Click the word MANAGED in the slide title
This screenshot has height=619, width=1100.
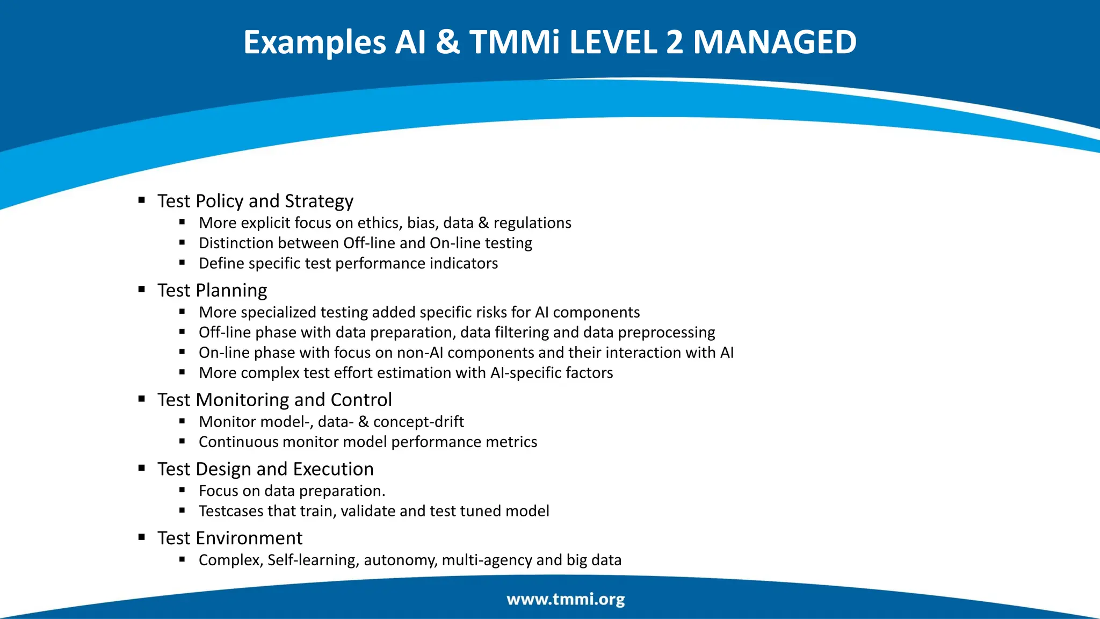(775, 42)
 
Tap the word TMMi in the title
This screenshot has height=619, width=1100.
(515, 42)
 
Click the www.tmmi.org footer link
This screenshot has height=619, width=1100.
(566, 599)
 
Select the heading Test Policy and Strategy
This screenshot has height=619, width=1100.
(255, 201)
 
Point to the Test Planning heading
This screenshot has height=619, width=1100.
(212, 290)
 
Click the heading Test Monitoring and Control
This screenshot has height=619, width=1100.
(274, 400)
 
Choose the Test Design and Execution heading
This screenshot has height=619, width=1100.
(265, 469)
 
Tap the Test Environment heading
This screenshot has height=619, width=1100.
(230, 538)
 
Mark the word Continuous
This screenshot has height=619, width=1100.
(238, 442)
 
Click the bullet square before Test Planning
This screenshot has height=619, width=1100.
(142, 289)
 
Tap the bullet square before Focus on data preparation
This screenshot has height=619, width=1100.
(182, 490)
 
